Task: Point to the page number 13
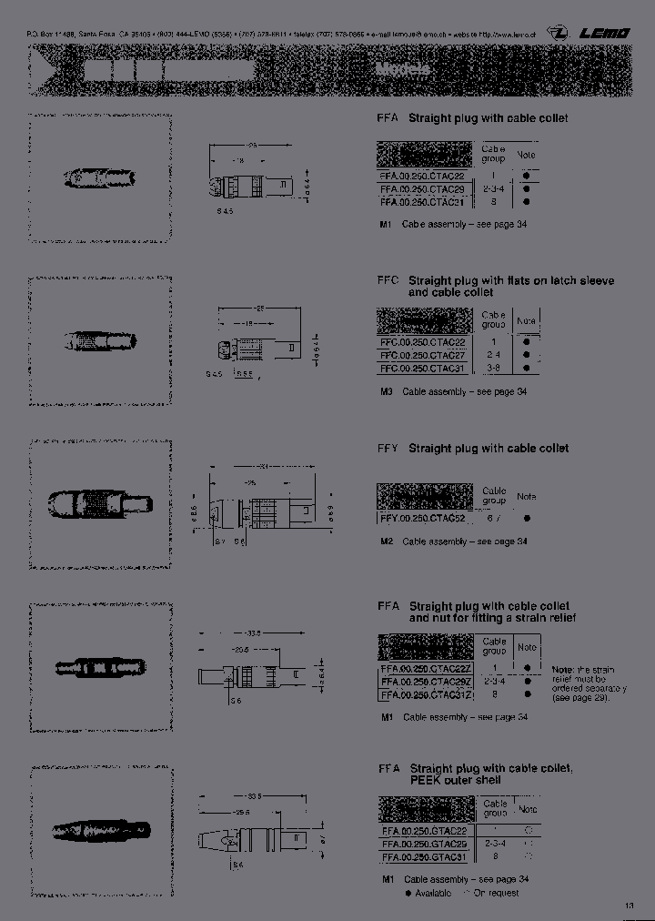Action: coord(630,906)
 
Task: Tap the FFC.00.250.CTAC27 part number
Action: coord(425,355)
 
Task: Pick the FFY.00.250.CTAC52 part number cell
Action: coord(425,518)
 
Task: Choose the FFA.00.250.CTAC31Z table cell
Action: coord(426,694)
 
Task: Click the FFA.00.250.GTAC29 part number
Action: coord(426,845)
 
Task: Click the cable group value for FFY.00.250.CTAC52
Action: coord(493,518)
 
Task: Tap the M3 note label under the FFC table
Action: coord(387,391)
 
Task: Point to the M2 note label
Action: coord(387,541)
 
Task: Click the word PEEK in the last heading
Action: coord(425,781)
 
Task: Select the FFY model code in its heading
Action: coord(388,449)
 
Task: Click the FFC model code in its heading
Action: coord(388,281)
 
